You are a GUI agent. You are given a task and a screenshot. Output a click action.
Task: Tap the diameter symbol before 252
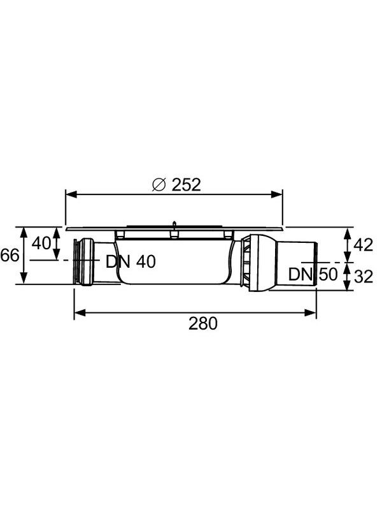[x=160, y=186]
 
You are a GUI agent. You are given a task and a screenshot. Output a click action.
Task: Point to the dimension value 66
[x=10, y=256]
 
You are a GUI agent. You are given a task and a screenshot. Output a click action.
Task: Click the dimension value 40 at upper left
[x=41, y=244]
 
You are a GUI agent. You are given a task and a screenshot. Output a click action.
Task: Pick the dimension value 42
[x=364, y=245]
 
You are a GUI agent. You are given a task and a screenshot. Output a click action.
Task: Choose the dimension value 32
[x=364, y=277]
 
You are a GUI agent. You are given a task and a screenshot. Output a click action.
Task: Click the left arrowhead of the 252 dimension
[x=72, y=195]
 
